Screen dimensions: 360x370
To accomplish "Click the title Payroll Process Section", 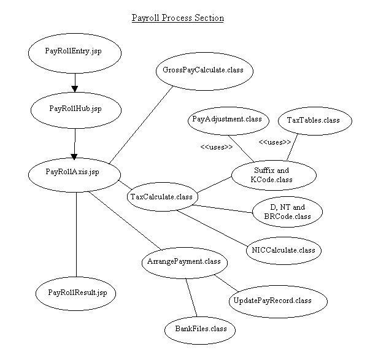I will (178, 18).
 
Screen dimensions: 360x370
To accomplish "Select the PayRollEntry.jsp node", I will (73, 50).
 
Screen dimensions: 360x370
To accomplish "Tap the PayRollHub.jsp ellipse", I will (75, 109).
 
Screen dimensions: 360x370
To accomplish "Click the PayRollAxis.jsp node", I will (72, 172).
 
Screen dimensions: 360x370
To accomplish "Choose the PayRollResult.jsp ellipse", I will (77, 293).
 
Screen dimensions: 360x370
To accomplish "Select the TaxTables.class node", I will (313, 120).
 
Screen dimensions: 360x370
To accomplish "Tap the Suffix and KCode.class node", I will (274, 175).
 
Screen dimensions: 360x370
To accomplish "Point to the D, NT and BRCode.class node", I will (287, 212).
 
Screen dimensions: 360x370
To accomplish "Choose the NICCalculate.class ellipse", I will (283, 250).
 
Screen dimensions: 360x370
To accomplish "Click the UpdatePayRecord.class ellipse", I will (271, 301).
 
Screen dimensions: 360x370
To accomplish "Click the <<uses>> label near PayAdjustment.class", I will (216, 147).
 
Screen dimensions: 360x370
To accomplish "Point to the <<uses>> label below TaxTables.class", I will (274, 142).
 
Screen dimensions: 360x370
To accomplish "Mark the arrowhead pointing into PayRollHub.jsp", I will (74, 87).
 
